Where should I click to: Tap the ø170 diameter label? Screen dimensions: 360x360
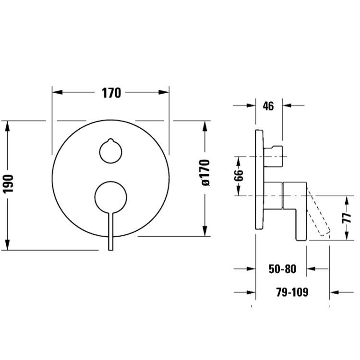tap(205, 172)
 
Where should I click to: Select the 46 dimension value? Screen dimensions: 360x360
tap(268, 106)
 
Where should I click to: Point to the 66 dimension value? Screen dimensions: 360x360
tap(239, 175)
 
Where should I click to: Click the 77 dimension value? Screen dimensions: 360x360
tap(347, 218)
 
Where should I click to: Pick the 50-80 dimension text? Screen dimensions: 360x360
tap(282, 269)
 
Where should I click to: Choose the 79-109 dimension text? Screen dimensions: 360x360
tap(292, 292)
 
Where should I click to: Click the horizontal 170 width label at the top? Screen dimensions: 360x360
tap(111, 93)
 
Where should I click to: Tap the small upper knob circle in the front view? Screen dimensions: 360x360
tap(111, 152)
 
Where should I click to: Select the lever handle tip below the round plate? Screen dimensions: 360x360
tap(111, 249)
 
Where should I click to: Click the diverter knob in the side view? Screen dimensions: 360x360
tap(273, 156)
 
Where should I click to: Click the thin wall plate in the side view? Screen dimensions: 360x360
tap(260, 180)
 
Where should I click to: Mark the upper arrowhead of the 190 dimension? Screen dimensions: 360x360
tap(8, 126)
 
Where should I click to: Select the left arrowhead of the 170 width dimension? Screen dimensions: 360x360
tap(58, 92)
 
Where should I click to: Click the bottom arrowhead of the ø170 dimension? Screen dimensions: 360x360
tap(205, 231)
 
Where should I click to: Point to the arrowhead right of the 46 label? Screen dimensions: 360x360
tap(287, 106)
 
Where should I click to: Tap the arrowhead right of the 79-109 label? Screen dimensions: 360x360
tap(334, 292)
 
